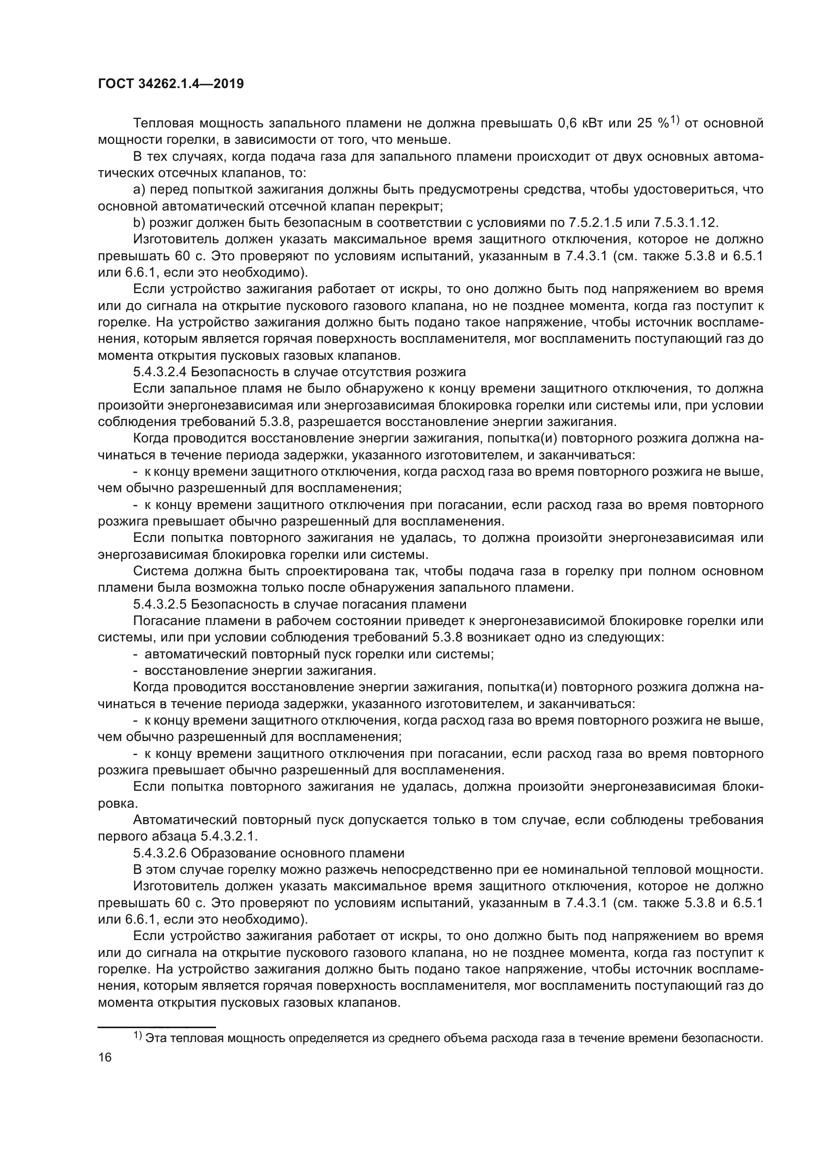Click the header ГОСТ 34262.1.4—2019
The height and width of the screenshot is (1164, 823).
pyautogui.click(x=171, y=84)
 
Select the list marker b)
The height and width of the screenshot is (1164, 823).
pyautogui.click(x=139, y=222)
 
